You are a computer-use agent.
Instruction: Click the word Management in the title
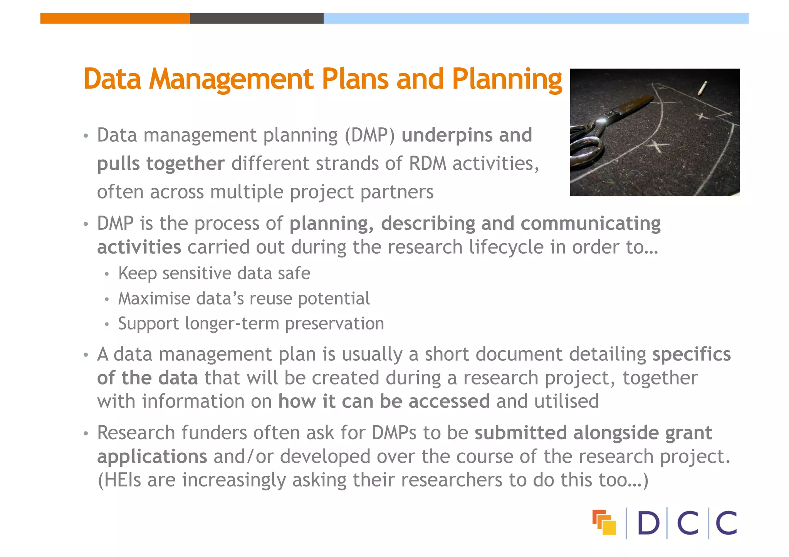click(x=231, y=79)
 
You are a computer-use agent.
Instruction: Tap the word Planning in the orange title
click(x=507, y=79)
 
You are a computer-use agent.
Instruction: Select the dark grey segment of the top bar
click(x=257, y=18)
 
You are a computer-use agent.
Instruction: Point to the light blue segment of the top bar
click(x=536, y=18)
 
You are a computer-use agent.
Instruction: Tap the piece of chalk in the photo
click(x=702, y=88)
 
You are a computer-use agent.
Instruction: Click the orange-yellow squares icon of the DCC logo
click(x=604, y=522)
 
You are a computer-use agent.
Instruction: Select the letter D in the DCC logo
click(x=648, y=523)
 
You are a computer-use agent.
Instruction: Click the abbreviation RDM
click(x=428, y=164)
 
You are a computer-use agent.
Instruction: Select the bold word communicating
click(x=591, y=224)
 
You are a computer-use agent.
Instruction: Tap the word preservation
click(x=334, y=324)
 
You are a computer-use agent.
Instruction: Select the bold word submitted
click(x=520, y=433)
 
